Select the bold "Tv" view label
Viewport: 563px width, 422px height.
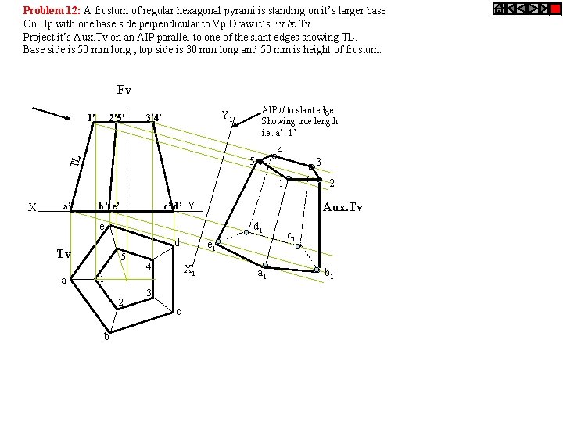coord(64,254)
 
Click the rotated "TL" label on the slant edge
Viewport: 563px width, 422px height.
coord(75,160)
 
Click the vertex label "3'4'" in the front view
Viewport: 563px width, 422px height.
coord(154,119)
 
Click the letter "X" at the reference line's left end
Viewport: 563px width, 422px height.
coord(32,208)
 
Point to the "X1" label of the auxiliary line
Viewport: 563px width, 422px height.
coord(188,271)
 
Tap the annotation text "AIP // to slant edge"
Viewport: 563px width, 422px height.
coord(297,111)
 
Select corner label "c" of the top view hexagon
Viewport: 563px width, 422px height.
coord(179,313)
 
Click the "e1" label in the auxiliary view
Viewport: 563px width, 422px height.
coord(210,245)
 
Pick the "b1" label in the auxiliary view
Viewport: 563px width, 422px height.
coord(329,274)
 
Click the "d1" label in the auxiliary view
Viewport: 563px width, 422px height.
coord(258,228)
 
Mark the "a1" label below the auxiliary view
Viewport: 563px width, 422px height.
coord(263,275)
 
